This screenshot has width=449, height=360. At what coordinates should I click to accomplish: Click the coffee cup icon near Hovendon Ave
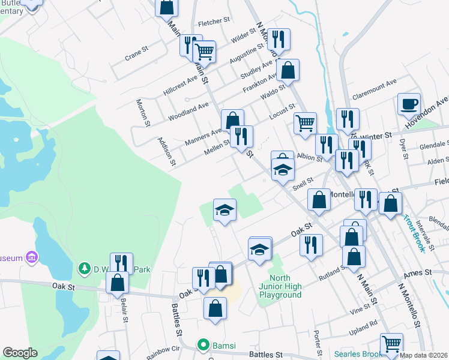(x=409, y=104)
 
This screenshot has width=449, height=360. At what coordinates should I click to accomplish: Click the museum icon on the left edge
(x=32, y=257)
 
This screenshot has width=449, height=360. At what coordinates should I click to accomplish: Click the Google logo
(x=20, y=353)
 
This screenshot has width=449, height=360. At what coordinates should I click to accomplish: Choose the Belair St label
(x=124, y=311)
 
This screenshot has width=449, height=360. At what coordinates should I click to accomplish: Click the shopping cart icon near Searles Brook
(x=391, y=344)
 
